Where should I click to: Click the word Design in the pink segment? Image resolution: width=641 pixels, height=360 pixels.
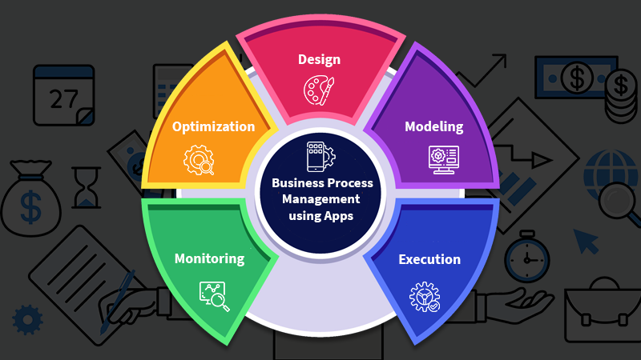(x=319, y=59)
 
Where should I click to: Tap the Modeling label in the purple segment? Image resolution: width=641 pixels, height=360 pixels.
(x=433, y=126)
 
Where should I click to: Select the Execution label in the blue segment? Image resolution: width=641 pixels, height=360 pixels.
(x=429, y=259)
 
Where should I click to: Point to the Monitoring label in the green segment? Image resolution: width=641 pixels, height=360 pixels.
(x=209, y=259)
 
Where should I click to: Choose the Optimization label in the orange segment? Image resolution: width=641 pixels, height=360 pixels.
(x=213, y=126)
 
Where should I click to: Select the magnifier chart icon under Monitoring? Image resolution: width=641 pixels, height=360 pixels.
(x=214, y=297)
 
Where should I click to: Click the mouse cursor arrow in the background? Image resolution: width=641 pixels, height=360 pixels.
(x=587, y=240)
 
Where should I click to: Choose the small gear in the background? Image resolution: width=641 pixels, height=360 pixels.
(x=27, y=319)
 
